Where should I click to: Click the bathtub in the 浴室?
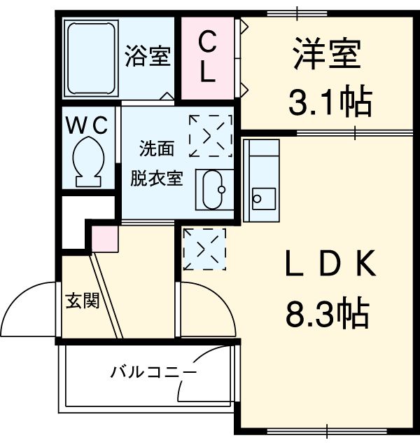pyautogui.click(x=90, y=59)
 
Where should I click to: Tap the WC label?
pyautogui.click(x=87, y=125)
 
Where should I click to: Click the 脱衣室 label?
pyautogui.click(x=156, y=177)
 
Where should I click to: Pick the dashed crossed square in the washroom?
pyautogui.click(x=210, y=135)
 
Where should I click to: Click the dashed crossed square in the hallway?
pyautogui.click(x=204, y=248)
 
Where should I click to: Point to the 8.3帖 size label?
pyautogui.click(x=327, y=313)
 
